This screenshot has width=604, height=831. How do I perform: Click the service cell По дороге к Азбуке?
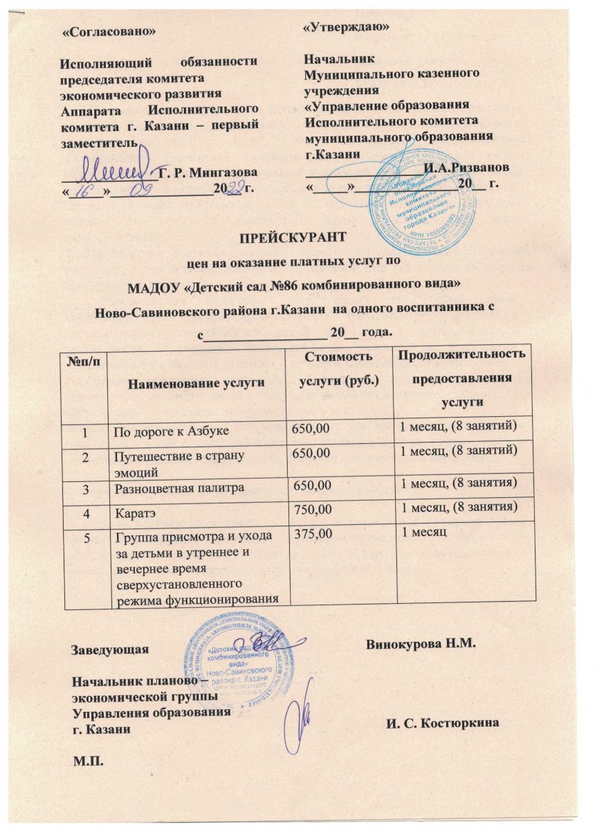tap(172, 431)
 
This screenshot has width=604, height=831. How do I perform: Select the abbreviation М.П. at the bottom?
tap(88, 762)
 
